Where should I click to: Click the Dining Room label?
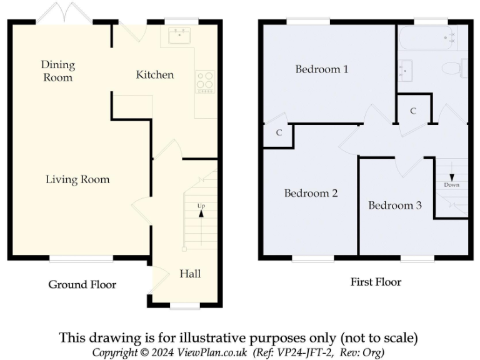point(57,71)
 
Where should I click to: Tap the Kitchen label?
point(155,75)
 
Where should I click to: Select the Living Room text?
point(77,180)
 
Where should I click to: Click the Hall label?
point(190,274)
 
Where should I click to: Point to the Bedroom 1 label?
point(322,69)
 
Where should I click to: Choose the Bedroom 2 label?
point(311,193)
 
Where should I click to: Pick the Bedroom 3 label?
point(394,206)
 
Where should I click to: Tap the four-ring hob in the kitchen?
point(205,81)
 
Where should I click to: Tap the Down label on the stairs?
point(451,185)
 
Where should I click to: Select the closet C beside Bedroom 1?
point(279,133)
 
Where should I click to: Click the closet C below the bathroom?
point(413,111)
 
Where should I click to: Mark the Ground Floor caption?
point(82,285)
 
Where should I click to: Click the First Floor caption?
point(376,282)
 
